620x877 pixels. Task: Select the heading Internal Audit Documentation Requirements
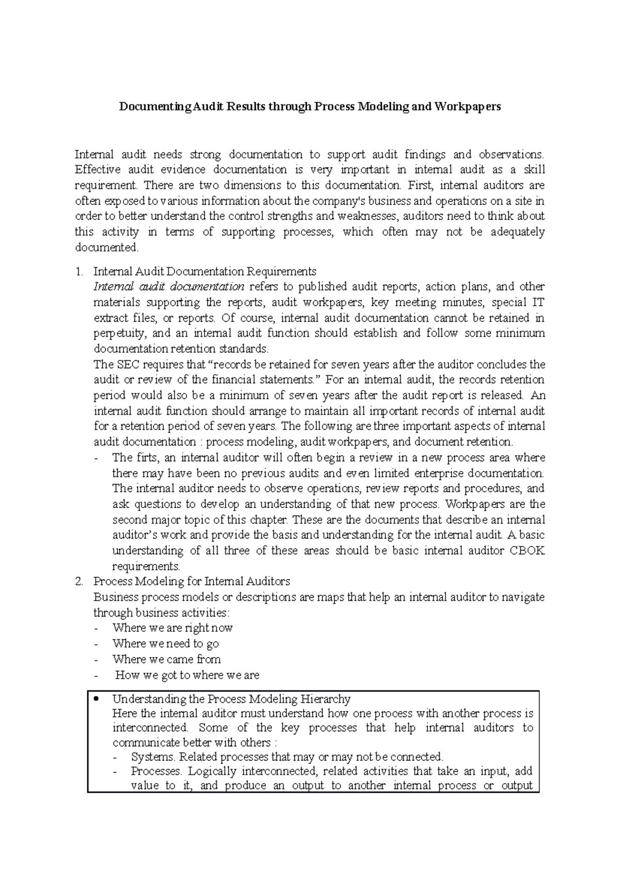pyautogui.click(x=205, y=271)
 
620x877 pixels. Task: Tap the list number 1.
pyautogui.click(x=78, y=271)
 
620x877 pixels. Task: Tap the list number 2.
pyautogui.click(x=79, y=581)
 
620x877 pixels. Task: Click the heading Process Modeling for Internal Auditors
pyautogui.click(x=192, y=581)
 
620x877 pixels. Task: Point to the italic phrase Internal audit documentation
pyautogui.click(x=169, y=287)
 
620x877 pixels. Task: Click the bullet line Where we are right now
pyautogui.click(x=173, y=628)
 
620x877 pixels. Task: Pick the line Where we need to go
pyautogui.click(x=165, y=644)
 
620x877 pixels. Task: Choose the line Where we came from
pyautogui.click(x=166, y=659)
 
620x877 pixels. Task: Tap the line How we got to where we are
pyautogui.click(x=187, y=675)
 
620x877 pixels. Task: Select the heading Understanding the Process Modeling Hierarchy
pyautogui.click(x=231, y=699)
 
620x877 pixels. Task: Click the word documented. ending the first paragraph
pyautogui.click(x=107, y=247)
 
